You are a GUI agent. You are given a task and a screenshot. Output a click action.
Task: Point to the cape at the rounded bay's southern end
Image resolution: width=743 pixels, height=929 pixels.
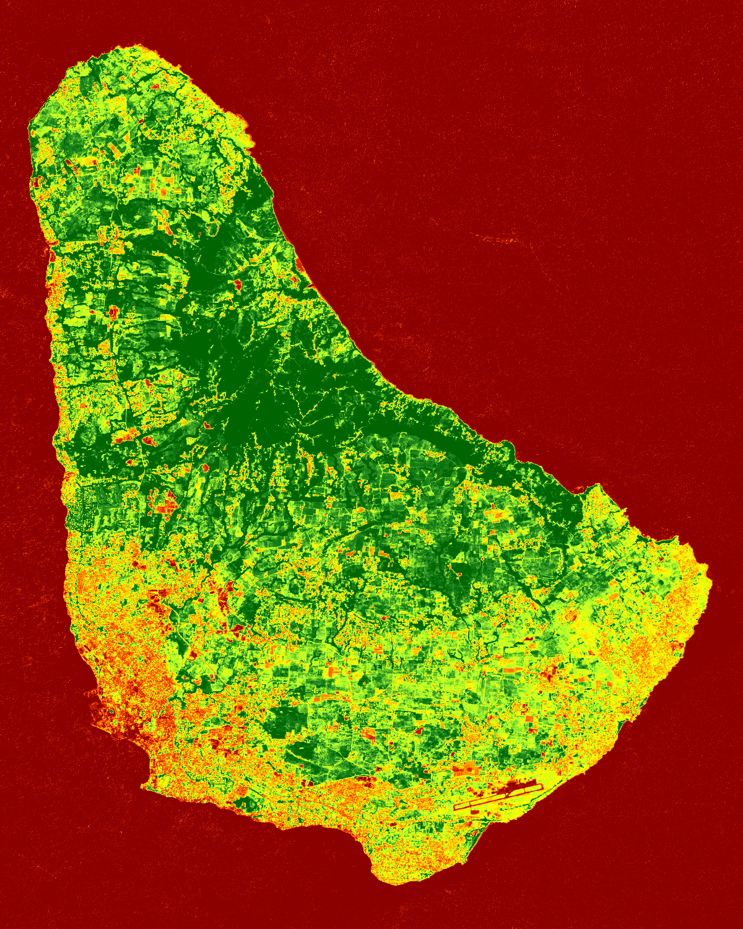(145, 783)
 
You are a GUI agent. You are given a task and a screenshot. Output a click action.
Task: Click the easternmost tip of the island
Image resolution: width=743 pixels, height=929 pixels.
(711, 582)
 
